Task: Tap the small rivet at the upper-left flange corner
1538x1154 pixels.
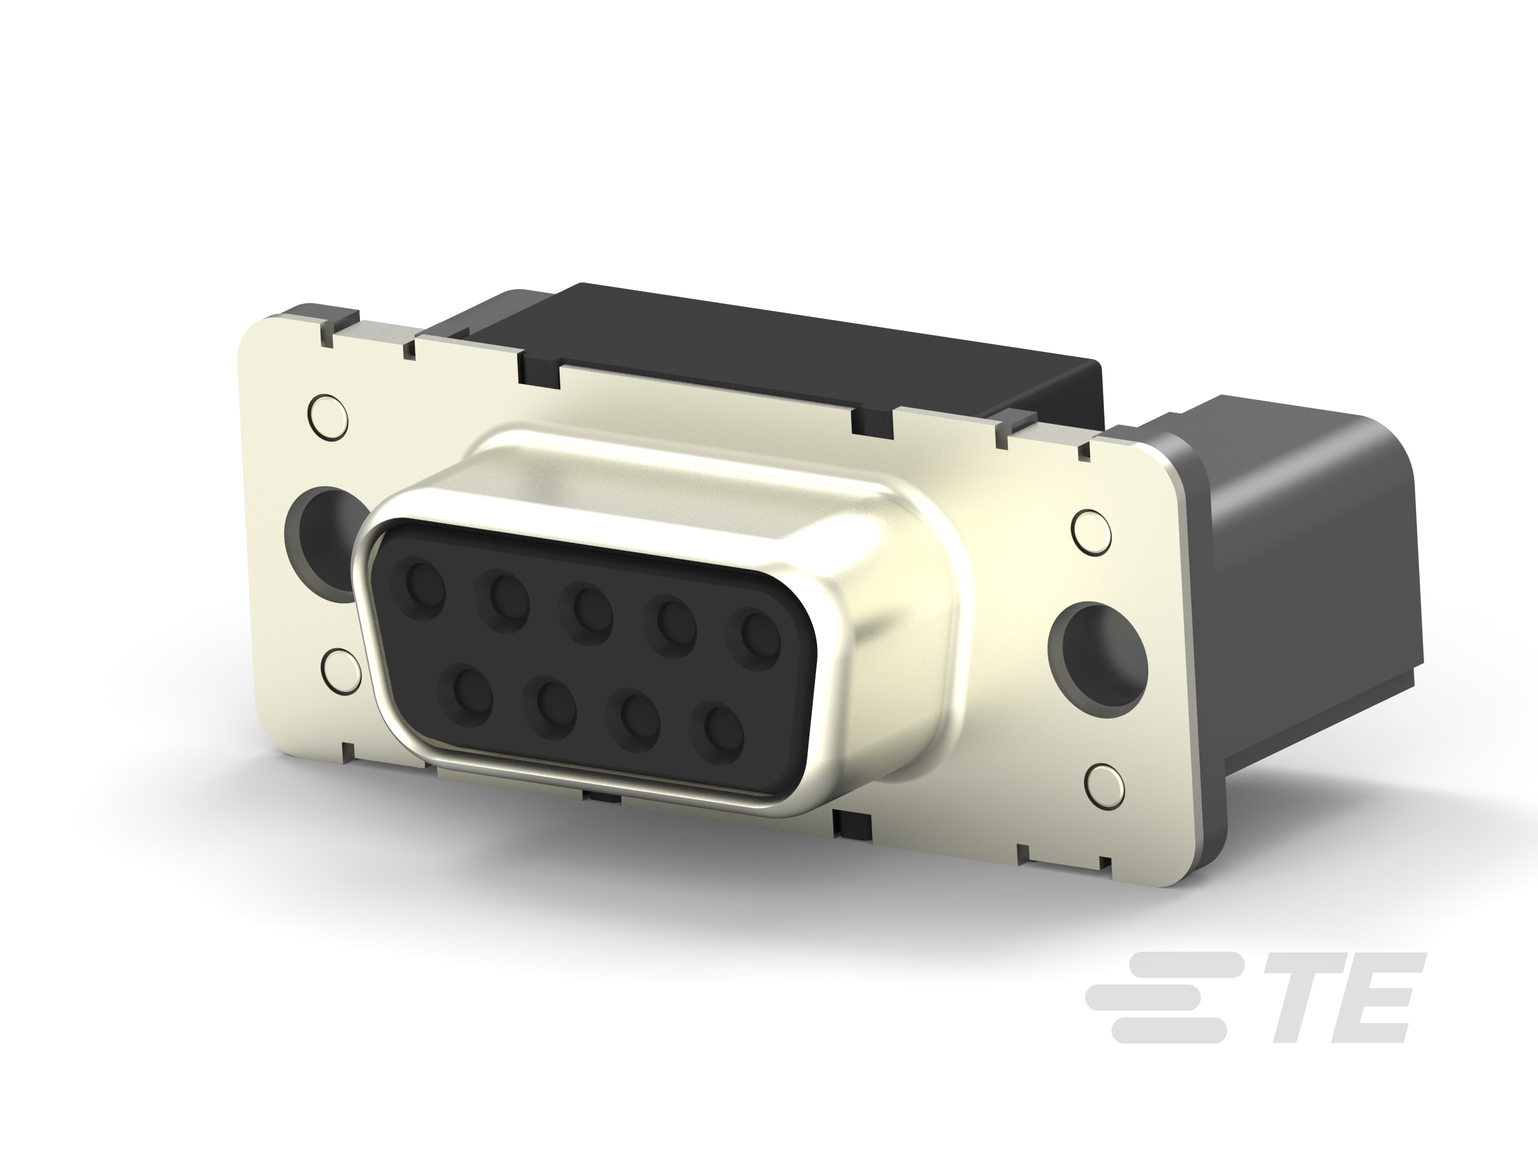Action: pos(327,415)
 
